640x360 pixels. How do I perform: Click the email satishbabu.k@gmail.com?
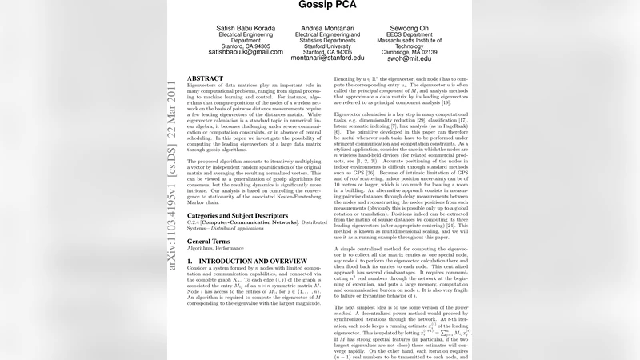(245, 52)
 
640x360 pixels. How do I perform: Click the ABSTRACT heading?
(205, 79)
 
